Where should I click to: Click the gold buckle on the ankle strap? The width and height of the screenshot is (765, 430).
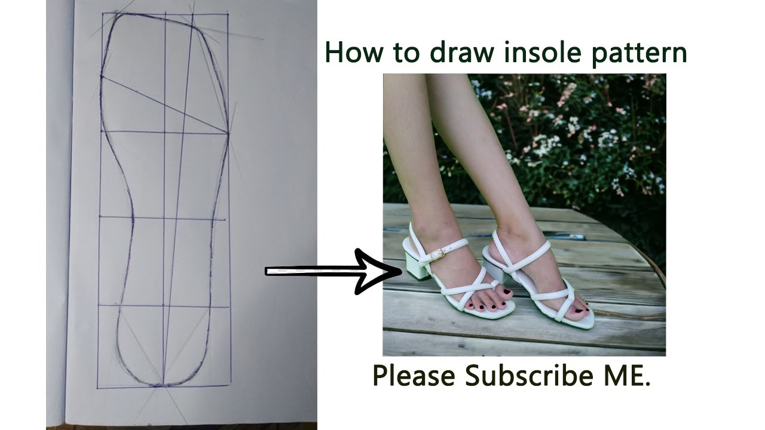coord(437,254)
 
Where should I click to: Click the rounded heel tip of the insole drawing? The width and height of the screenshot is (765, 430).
coord(163,385)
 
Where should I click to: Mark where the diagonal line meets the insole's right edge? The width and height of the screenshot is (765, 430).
coord(228,133)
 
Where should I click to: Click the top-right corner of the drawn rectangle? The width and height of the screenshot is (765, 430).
coord(227,14)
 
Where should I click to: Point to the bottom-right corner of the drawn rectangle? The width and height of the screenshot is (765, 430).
coord(230,385)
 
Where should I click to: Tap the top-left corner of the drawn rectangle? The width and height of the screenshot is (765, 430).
coord(103,13)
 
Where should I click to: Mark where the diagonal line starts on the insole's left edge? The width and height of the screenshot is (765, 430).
coord(102,76)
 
